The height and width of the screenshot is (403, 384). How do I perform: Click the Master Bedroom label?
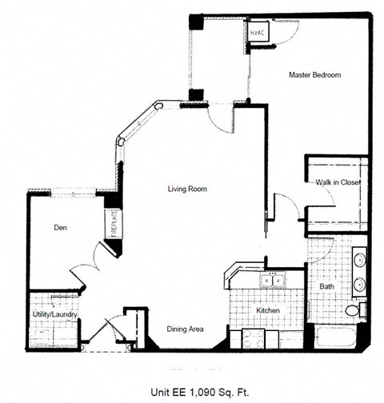point(314,75)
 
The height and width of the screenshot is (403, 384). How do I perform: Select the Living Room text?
point(187,190)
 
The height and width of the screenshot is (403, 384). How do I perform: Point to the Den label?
point(59,226)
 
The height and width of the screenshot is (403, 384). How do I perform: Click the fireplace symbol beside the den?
point(112,223)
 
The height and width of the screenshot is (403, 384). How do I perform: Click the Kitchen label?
point(266,310)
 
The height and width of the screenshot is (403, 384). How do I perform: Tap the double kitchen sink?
point(271,281)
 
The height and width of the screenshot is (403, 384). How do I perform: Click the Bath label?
point(326,285)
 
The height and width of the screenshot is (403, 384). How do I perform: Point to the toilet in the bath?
point(353,310)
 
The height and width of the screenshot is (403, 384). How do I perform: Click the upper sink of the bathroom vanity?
point(358,261)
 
